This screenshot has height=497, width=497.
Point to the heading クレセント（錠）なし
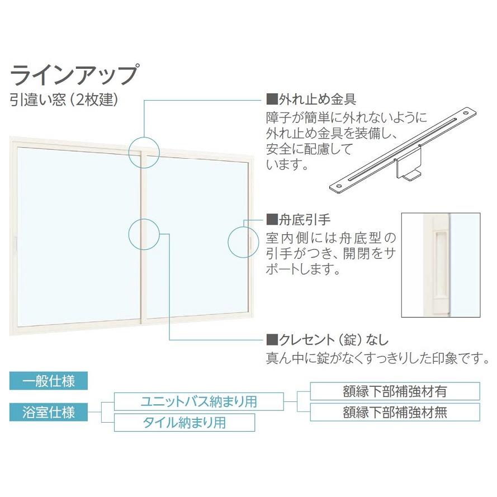click(x=328, y=339)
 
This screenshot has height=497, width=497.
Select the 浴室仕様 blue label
click(x=50, y=413)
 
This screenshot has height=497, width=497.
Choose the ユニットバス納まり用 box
click(x=198, y=401)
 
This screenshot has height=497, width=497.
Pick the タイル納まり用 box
click(x=184, y=422)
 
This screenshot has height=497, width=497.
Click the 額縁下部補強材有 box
click(x=395, y=390)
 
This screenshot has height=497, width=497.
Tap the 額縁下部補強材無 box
click(x=395, y=412)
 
